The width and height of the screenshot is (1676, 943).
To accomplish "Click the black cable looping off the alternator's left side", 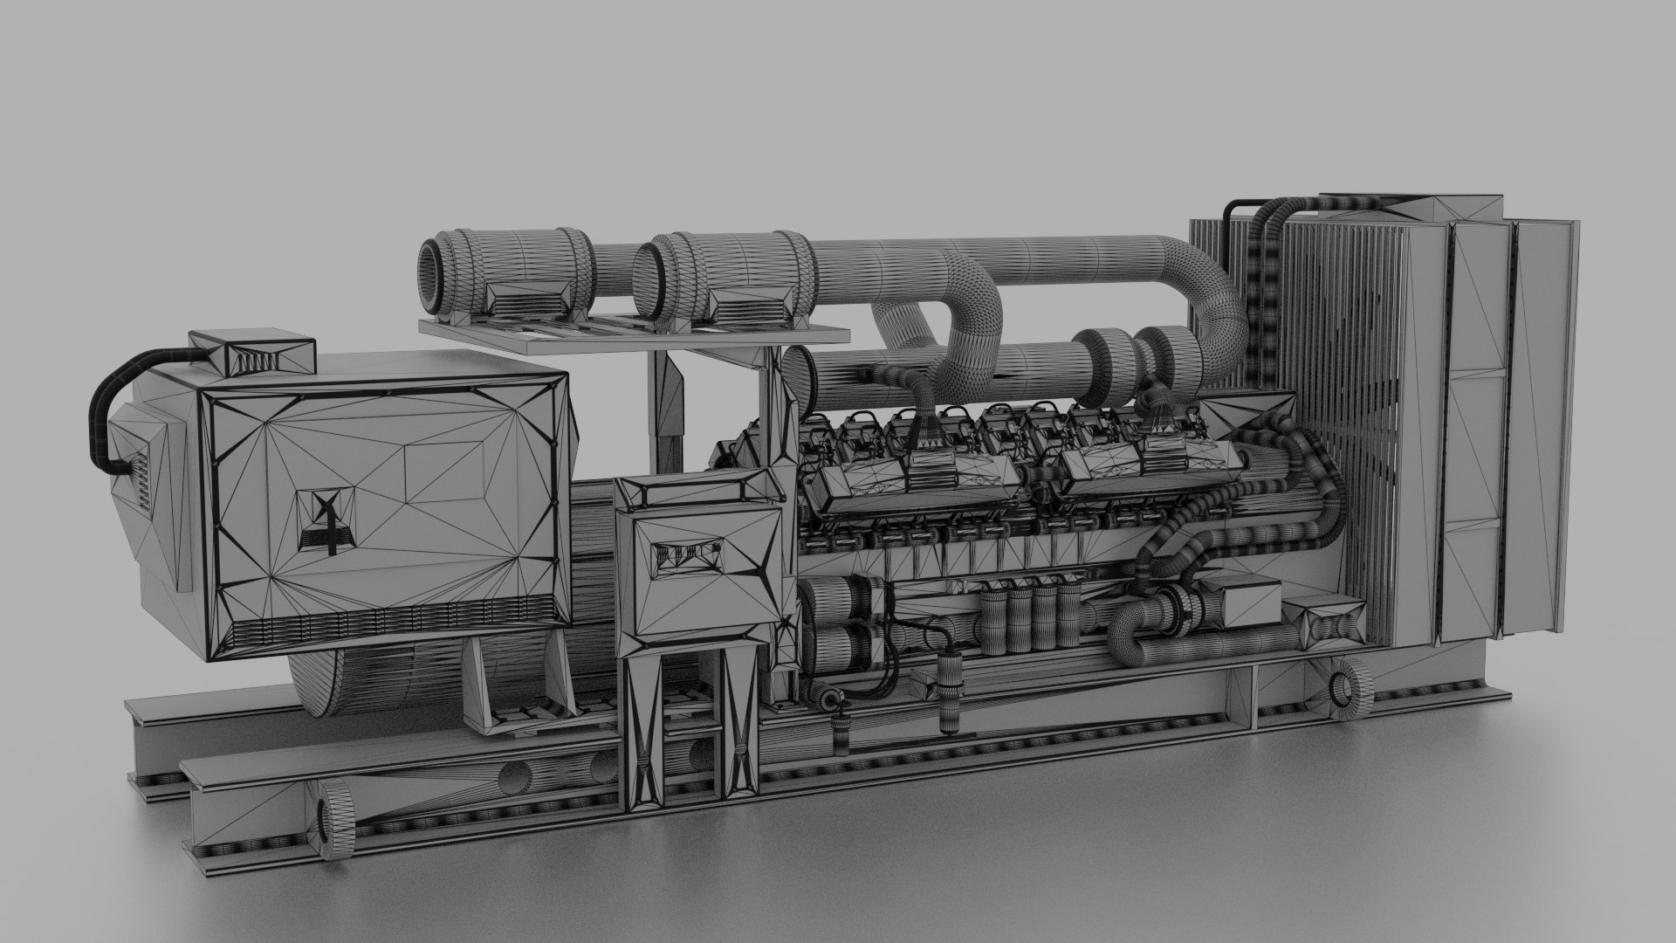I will pos(106,410).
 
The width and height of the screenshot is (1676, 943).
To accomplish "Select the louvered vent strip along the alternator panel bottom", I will pos(393,622).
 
